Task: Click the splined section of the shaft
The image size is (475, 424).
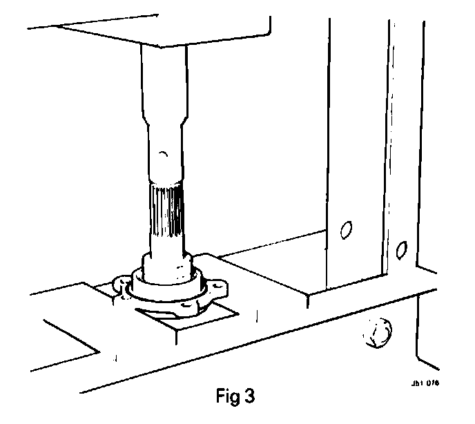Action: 166,211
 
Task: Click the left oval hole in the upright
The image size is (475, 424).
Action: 347,229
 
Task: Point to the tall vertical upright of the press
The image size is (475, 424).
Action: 359,138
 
